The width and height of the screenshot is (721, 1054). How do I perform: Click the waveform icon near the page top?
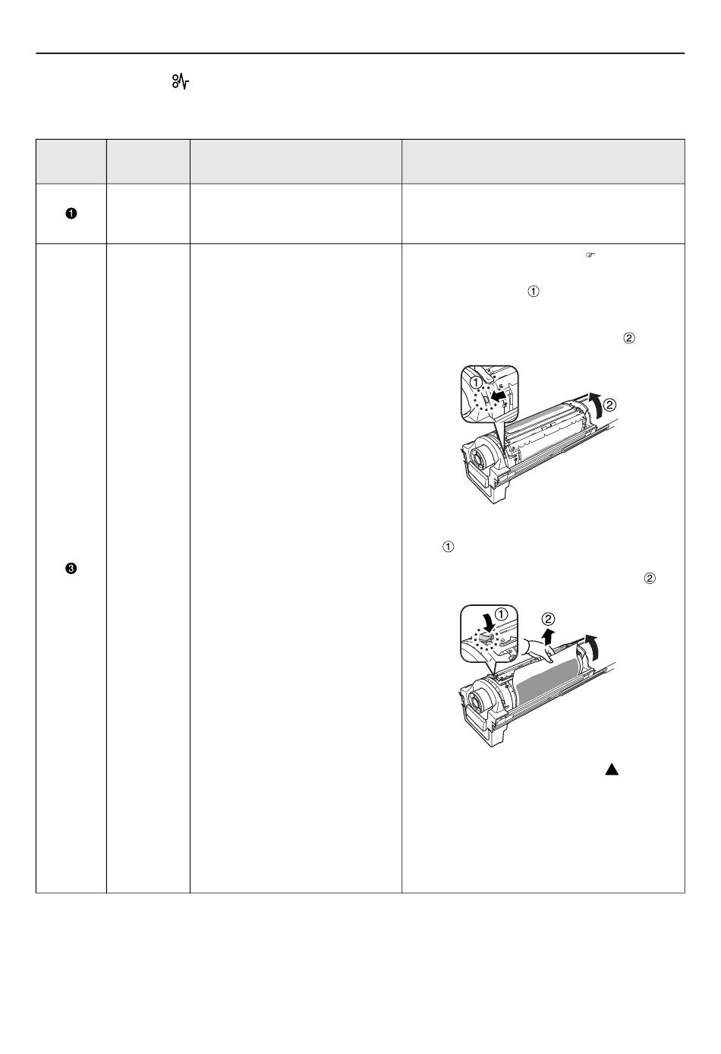[180, 81]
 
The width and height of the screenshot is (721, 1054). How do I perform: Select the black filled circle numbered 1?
[71, 213]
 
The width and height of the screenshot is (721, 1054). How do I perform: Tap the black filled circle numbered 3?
[71, 569]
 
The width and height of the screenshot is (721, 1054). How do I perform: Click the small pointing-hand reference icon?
[590, 255]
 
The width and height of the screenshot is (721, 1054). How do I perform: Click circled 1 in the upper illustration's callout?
[476, 382]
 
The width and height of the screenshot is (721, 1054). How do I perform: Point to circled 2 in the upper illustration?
[609, 405]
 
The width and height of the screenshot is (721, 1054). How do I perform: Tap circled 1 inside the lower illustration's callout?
[502, 614]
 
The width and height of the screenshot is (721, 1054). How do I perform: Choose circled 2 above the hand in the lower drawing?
[548, 619]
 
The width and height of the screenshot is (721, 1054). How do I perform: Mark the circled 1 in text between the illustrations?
[449, 547]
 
